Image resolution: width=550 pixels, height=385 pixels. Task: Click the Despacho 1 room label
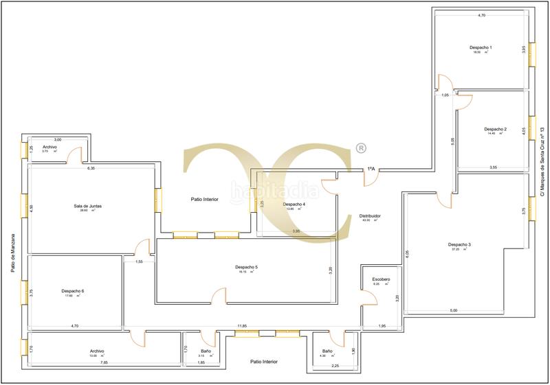[481, 47]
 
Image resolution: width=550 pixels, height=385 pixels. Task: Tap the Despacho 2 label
[495, 129]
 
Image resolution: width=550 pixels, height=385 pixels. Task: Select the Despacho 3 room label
[459, 244]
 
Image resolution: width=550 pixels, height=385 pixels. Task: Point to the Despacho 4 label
[294, 204]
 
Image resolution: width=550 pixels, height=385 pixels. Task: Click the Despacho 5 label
[246, 266]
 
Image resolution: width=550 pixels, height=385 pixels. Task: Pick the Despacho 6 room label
[72, 291]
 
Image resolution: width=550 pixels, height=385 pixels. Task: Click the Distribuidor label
[370, 215]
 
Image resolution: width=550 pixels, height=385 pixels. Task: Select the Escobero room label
[382, 279]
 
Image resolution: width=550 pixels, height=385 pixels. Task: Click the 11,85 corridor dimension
[242, 326]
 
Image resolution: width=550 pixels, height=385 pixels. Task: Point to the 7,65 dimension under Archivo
[104, 362]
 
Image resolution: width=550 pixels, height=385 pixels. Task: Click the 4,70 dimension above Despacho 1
[481, 15]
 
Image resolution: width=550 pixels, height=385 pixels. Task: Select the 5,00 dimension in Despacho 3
[453, 310]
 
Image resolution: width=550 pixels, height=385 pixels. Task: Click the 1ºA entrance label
[371, 168]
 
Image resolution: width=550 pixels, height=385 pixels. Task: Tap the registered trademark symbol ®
[360, 148]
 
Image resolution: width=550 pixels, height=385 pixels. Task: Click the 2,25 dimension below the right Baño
[335, 366]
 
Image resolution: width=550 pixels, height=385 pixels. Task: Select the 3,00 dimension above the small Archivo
[58, 139]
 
